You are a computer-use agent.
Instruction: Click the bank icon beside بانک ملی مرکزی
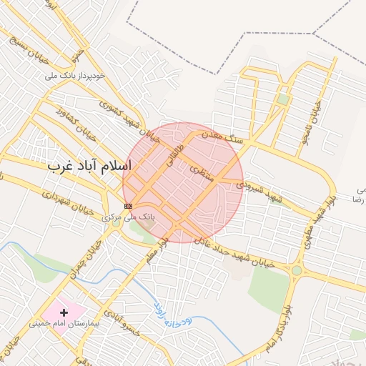click(x=127, y=206)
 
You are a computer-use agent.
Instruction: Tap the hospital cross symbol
click(x=64, y=312)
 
